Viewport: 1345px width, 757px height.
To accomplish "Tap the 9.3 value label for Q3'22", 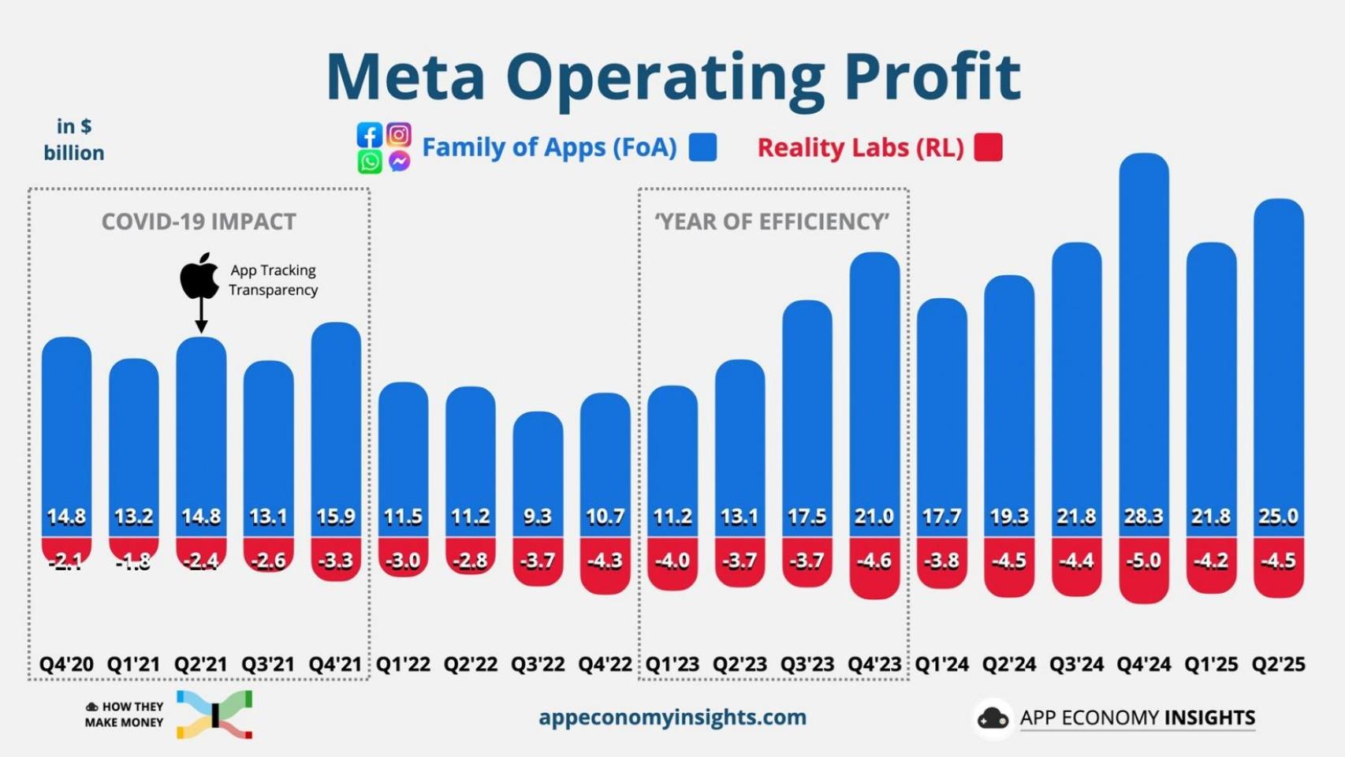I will [538, 516].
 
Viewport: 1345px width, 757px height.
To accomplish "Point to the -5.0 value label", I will [1143, 561].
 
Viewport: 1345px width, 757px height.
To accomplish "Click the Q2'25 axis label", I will [1278, 664].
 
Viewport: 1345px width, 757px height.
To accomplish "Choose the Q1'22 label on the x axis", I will [403, 664].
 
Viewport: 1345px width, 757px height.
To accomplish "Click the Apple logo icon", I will [199, 276].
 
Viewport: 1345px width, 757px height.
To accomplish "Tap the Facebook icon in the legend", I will [370, 135].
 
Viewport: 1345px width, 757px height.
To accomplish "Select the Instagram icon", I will [399, 134].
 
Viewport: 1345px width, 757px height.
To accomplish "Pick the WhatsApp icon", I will [370, 162].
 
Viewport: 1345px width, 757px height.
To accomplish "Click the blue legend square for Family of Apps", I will [702, 147].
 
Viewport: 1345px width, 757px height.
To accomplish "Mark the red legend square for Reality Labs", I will [988, 147].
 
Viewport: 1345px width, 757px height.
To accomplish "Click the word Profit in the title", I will [932, 76].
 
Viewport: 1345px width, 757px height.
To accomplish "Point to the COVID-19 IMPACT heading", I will [199, 222].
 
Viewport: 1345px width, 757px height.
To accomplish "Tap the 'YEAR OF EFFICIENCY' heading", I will [772, 222].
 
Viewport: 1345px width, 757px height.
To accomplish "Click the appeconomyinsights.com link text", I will [672, 717].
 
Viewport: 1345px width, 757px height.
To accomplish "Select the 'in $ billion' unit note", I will [74, 140].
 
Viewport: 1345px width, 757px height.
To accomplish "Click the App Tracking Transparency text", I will [273, 280].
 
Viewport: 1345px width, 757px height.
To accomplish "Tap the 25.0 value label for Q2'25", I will [1278, 516].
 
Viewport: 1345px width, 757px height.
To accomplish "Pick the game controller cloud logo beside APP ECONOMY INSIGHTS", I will [993, 718].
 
